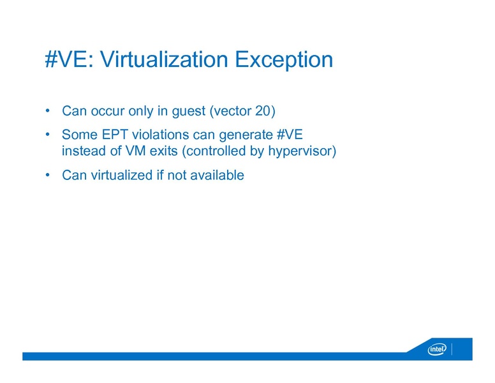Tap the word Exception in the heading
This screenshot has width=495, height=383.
click(x=284, y=60)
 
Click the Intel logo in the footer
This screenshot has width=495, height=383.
click(x=437, y=349)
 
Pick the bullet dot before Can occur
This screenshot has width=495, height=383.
click(x=48, y=112)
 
